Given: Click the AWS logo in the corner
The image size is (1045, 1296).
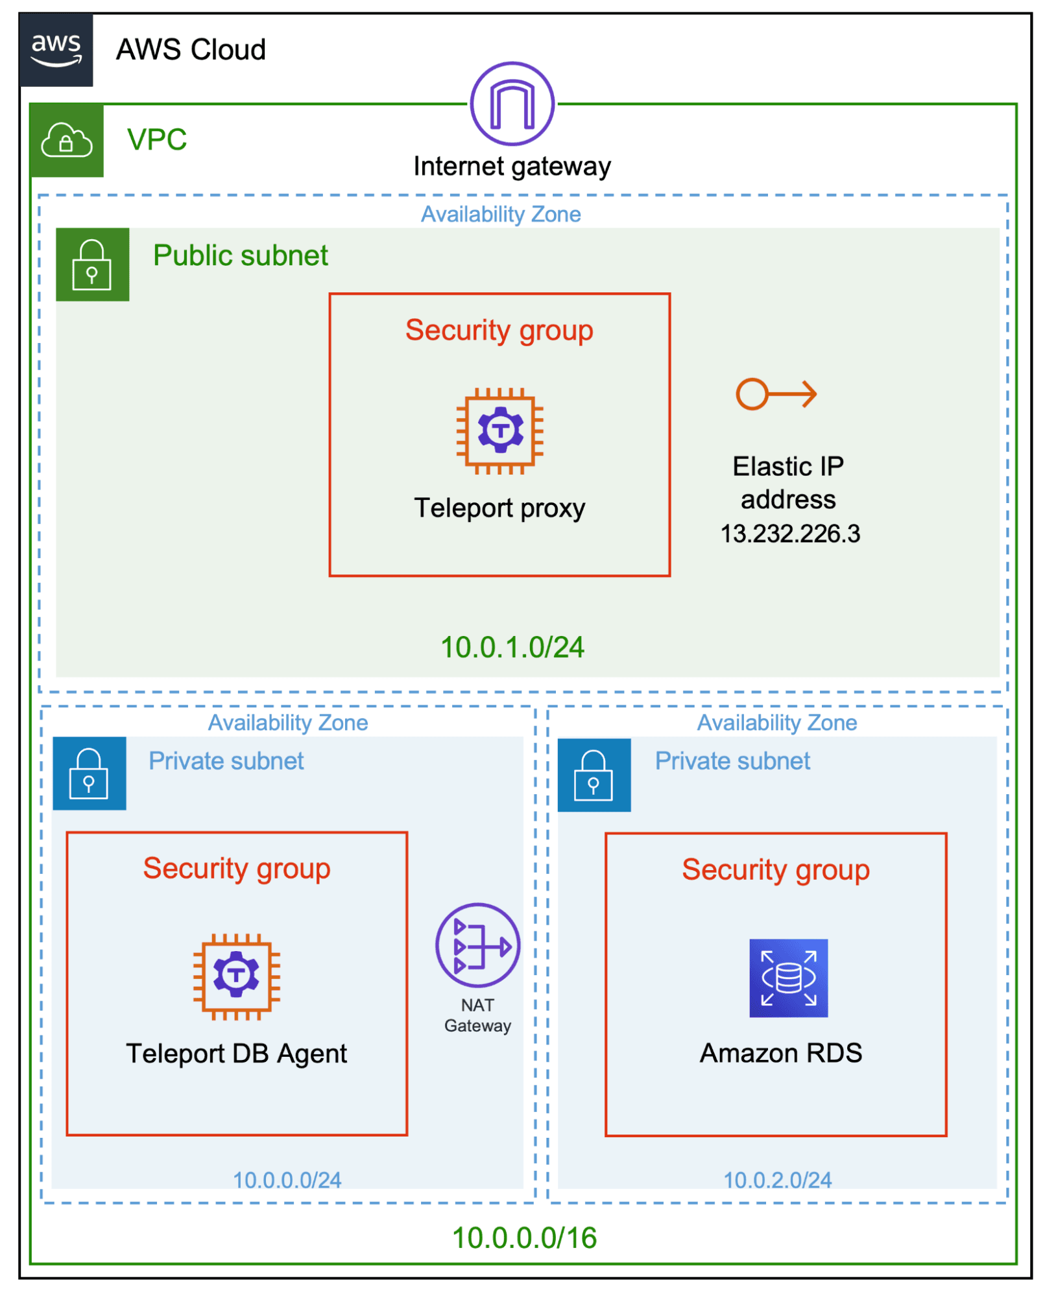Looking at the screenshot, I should click(x=56, y=49).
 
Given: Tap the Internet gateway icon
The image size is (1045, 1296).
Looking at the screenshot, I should click(x=512, y=104).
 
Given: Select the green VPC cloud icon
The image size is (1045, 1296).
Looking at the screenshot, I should click(x=66, y=140).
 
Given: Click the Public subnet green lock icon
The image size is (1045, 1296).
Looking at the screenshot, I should click(x=92, y=265).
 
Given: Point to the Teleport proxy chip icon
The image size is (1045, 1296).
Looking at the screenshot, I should click(x=499, y=430).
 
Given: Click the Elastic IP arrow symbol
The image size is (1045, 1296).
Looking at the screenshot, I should click(x=776, y=394).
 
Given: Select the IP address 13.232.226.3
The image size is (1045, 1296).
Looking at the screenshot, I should click(x=789, y=534).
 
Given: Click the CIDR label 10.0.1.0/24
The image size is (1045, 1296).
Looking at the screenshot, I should click(x=512, y=647).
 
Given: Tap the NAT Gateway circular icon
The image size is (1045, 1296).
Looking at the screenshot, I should click(x=477, y=945).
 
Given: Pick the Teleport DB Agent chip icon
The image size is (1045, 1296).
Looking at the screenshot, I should click(x=236, y=976).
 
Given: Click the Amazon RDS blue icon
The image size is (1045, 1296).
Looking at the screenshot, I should click(x=788, y=978).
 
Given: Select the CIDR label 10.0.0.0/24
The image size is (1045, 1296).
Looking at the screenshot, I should click(x=287, y=1180).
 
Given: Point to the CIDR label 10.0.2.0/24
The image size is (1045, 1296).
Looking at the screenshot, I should click(x=777, y=1180).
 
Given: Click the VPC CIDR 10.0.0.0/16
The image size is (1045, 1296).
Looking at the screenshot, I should click(x=523, y=1238).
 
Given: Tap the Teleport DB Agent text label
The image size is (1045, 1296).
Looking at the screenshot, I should click(x=236, y=1054).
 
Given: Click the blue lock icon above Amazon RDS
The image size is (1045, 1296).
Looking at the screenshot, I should click(x=594, y=775).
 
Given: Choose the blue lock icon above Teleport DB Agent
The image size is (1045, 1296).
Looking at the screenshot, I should click(x=89, y=773).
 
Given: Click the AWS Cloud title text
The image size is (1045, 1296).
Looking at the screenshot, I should click(x=191, y=50).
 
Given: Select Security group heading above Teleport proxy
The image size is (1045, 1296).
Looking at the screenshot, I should click(x=499, y=330).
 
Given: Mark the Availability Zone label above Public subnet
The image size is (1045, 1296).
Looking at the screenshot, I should click(x=500, y=214).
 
